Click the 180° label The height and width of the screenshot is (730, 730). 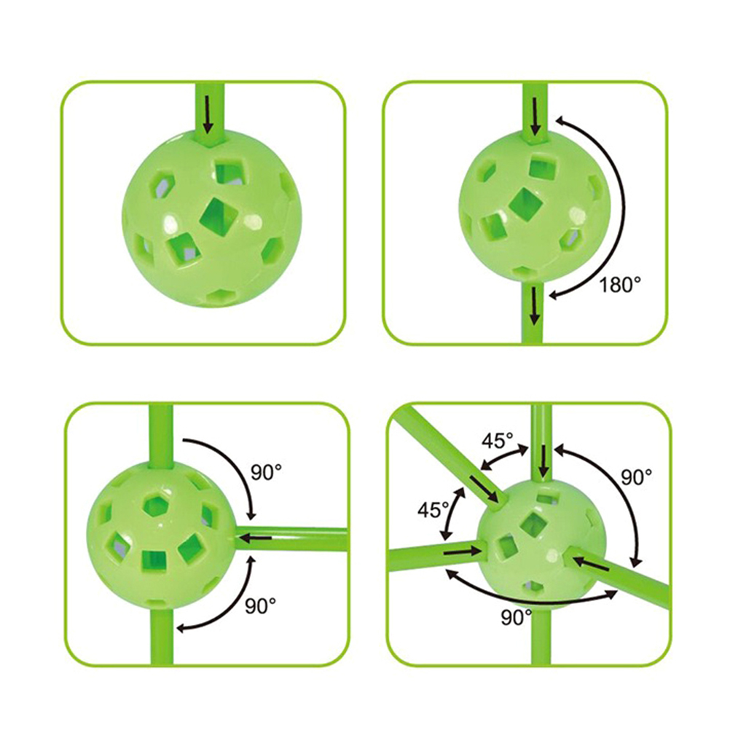point(620,284)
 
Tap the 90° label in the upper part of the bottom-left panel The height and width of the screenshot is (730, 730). point(267,472)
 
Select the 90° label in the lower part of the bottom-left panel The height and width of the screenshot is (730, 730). point(260,605)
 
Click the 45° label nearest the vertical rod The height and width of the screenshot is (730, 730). point(497,441)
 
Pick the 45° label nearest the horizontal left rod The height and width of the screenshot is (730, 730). point(433,510)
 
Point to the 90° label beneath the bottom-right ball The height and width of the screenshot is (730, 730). point(517,617)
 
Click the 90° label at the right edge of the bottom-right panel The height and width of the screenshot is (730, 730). point(637,476)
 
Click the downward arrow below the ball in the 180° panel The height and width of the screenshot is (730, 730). point(535,305)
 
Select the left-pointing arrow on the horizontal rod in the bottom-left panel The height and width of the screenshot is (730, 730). point(256,538)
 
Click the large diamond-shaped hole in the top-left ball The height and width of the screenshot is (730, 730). point(219,215)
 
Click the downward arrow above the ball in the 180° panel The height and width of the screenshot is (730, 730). point(535,116)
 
